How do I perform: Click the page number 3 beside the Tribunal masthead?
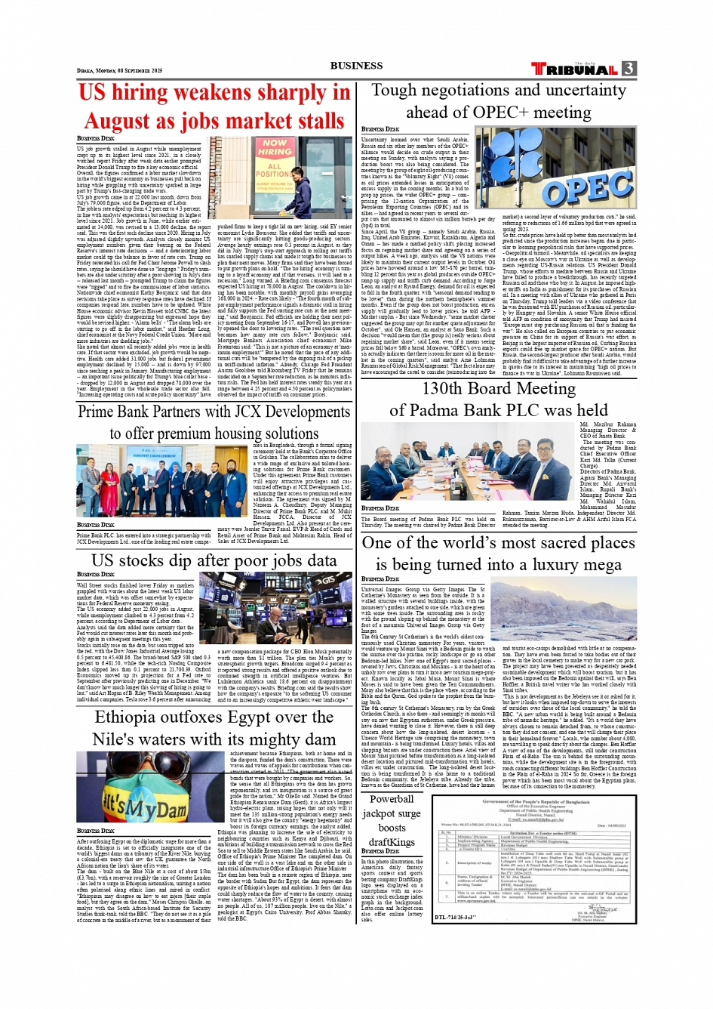[628, 69]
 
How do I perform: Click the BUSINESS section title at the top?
[356, 66]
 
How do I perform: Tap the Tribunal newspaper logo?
[575, 69]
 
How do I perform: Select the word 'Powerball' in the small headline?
[392, 799]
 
